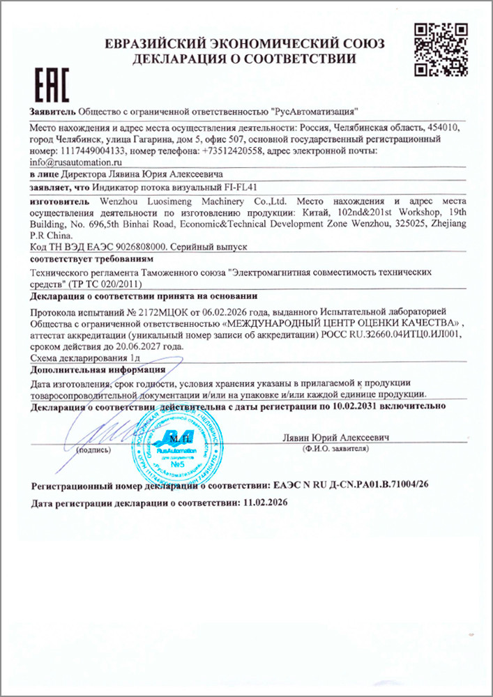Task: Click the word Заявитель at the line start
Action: [x=52, y=112]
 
